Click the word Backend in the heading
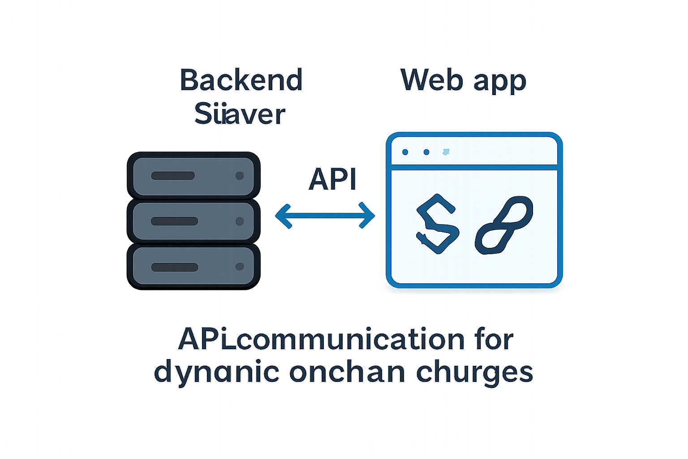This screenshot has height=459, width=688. (x=241, y=80)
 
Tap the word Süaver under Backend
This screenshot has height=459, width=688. (x=240, y=114)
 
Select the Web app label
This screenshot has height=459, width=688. (x=463, y=81)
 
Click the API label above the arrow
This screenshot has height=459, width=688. (x=332, y=180)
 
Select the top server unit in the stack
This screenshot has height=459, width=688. (x=193, y=176)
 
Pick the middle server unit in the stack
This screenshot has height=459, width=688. (x=193, y=221)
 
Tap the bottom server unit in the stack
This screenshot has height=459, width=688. (x=193, y=267)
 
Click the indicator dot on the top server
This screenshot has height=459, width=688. (x=240, y=176)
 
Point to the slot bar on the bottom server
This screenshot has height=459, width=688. (x=175, y=267)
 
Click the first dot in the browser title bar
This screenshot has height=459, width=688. (x=405, y=152)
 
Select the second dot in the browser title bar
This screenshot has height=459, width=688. (x=426, y=152)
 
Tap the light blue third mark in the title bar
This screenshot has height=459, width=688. (x=446, y=152)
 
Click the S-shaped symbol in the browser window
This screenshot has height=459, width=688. (x=437, y=224)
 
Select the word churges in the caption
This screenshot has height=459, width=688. (x=474, y=372)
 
